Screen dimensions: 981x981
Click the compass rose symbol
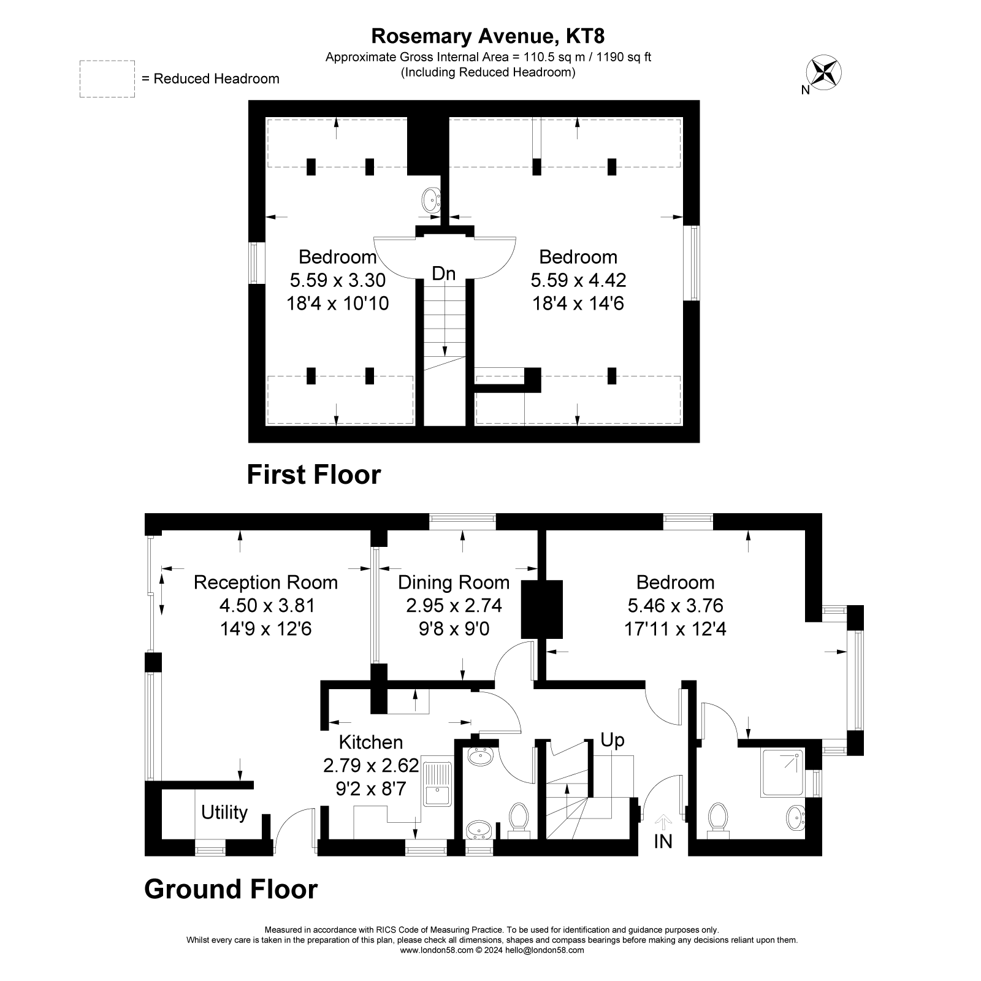pos(825,71)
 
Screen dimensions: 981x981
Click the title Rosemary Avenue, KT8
pos(487,36)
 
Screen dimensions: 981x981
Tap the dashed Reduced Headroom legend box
pos(107,78)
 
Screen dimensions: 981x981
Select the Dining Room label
pos(454,582)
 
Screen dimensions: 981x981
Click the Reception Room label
pos(265,582)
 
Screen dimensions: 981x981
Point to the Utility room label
pos(224,812)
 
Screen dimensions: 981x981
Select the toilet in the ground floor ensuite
pos(717,819)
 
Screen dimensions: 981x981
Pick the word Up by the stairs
pos(612,740)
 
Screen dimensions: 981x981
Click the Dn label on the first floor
pos(443,273)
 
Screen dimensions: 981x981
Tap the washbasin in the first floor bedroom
pos(431,199)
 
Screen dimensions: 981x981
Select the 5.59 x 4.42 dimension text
pos(578,280)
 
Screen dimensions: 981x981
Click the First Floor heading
pos(313,475)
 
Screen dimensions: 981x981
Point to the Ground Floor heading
pos(231,889)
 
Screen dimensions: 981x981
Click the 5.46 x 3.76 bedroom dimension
pos(675,606)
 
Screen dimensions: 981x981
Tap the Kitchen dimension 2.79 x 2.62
pos(371,765)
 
